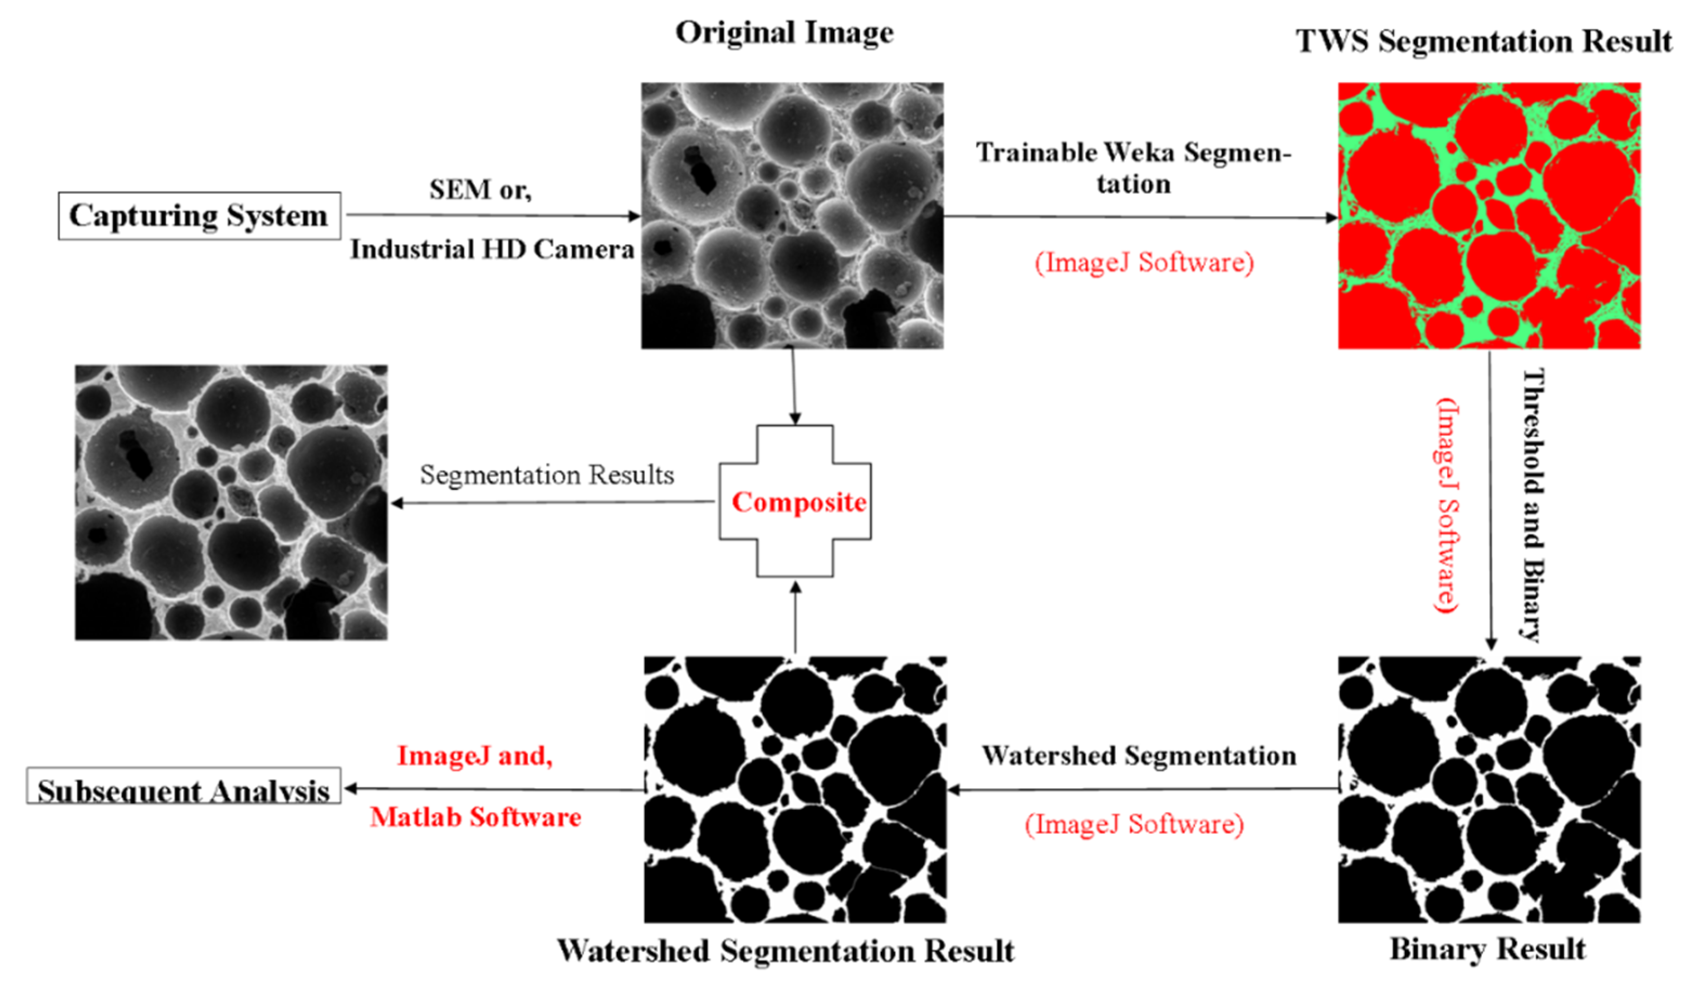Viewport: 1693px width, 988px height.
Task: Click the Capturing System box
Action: (199, 215)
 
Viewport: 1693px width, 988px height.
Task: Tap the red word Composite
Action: (798, 502)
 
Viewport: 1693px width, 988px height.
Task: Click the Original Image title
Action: (784, 32)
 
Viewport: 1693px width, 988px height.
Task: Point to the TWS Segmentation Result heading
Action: (1483, 41)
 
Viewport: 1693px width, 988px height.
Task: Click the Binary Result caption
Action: (1487, 949)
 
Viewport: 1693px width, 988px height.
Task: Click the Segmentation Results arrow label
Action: (547, 475)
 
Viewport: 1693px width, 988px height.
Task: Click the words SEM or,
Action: (480, 189)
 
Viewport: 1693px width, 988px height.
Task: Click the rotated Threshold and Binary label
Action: (1532, 503)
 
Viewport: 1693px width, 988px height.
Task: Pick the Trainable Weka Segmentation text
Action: (1133, 167)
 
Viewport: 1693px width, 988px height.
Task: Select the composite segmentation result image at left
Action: (231, 502)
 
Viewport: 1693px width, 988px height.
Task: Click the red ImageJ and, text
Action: (475, 756)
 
